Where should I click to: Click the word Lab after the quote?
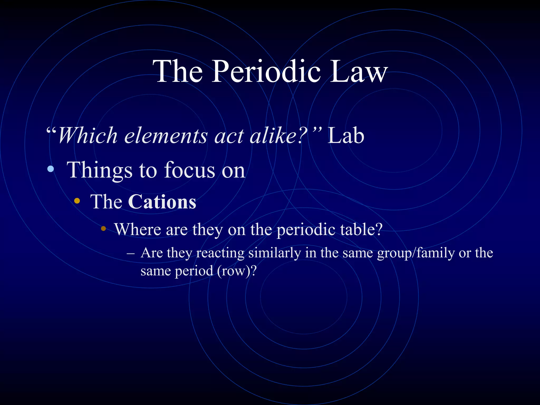346,136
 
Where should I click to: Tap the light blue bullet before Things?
50,169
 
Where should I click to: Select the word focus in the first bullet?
190,170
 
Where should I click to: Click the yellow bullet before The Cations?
77,201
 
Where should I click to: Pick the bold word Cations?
162,202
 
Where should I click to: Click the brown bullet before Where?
103,228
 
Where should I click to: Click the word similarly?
274,253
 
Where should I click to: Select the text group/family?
416,253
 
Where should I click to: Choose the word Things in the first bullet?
100,170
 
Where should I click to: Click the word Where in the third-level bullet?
138,229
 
